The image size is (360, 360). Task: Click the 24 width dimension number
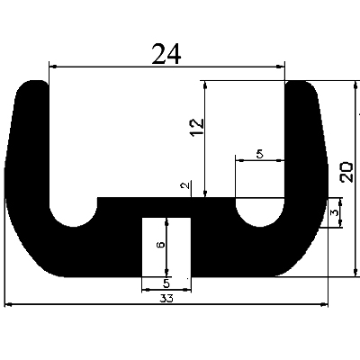point(166,55)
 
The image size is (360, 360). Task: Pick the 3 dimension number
point(335,213)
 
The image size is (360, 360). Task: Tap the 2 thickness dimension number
point(184,186)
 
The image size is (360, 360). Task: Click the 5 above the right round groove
point(260,154)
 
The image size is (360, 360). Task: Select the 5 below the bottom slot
point(167,284)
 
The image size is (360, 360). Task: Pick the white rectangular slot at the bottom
point(167,246)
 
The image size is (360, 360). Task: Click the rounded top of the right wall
point(300,87)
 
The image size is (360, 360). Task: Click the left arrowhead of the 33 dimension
point(9,306)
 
